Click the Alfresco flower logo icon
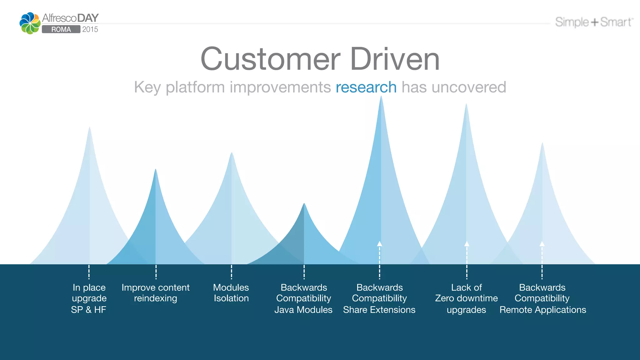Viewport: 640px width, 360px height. point(30,23)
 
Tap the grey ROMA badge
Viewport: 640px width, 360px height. point(61,29)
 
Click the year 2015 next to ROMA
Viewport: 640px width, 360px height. point(90,29)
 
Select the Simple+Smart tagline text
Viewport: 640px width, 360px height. point(594,22)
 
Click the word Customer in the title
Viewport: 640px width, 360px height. point(270,59)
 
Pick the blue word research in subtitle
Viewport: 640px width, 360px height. point(366,87)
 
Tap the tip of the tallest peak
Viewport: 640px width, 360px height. point(381,97)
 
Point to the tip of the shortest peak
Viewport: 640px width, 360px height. point(304,205)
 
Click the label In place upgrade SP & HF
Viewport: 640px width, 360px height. point(89,298)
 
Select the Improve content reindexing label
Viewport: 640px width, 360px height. point(156,293)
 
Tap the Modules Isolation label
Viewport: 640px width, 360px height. point(231,293)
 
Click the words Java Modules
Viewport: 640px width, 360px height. point(303,310)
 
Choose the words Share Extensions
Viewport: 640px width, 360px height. point(379,310)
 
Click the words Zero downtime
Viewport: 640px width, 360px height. point(466,298)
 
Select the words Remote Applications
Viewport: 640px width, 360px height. point(542,310)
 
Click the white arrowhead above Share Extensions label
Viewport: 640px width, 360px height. point(379,244)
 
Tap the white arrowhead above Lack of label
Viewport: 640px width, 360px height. point(467,244)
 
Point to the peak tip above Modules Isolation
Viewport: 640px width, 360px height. point(232,154)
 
